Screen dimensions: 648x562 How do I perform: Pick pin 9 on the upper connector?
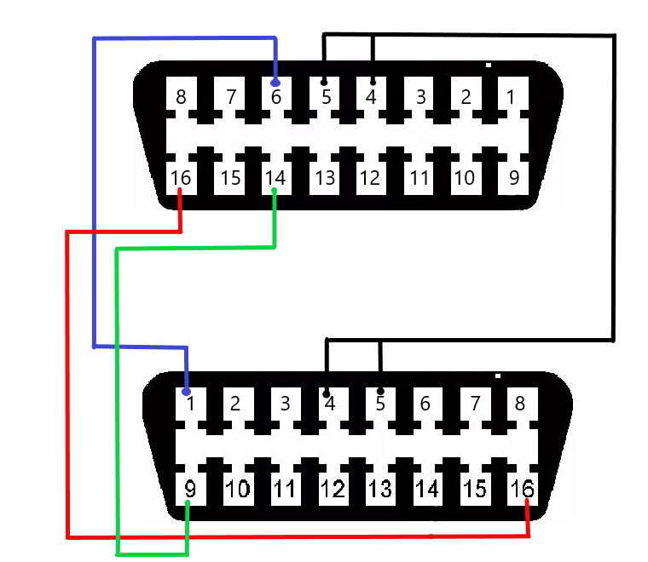point(513,178)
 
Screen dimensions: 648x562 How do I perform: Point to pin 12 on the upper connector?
point(371,178)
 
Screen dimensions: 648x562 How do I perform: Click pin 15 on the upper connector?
point(229,178)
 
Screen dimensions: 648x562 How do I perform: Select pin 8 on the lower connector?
point(523,404)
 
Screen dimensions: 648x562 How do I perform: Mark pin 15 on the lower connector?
point(475,489)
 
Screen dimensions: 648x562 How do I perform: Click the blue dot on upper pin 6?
point(275,83)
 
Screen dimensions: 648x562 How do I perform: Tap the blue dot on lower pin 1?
point(187,391)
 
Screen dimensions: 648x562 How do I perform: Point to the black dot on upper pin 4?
point(373,83)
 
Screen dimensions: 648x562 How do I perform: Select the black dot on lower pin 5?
point(380,391)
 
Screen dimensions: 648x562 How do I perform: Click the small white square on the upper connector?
point(489,66)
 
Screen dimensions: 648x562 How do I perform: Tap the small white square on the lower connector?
point(498,376)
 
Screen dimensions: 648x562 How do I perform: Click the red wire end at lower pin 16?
point(527,502)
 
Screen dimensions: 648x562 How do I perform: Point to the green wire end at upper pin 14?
point(274,190)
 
